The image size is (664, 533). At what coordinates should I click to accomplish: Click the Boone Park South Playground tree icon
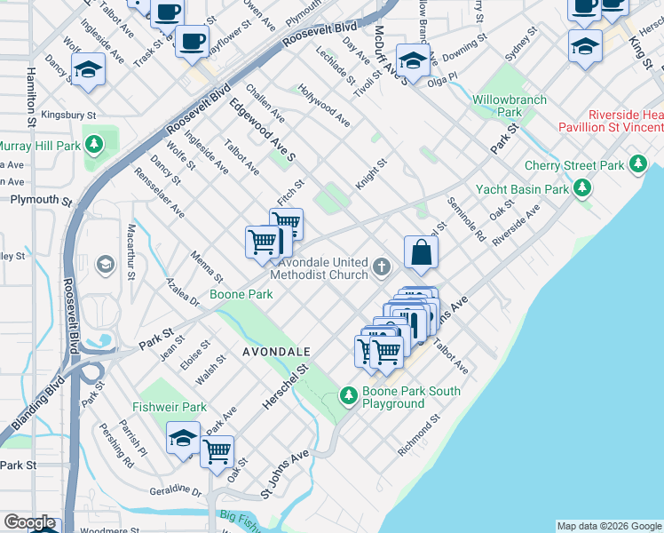point(350,394)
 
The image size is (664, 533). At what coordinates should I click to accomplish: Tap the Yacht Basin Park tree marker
point(581,187)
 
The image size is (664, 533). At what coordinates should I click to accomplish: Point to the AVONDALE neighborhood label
point(275,352)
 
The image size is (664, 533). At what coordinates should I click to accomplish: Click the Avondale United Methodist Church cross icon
point(382,266)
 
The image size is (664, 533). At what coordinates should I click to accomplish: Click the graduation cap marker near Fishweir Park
point(183,438)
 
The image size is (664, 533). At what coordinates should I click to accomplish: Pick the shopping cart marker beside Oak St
point(217,451)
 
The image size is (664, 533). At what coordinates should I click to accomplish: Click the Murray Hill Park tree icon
point(92,144)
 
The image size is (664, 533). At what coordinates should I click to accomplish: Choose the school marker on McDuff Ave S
point(412,60)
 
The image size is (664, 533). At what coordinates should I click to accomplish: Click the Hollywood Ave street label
point(324,105)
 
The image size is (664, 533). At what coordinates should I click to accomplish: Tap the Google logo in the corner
point(29,523)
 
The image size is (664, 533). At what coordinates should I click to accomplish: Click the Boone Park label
point(241,294)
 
